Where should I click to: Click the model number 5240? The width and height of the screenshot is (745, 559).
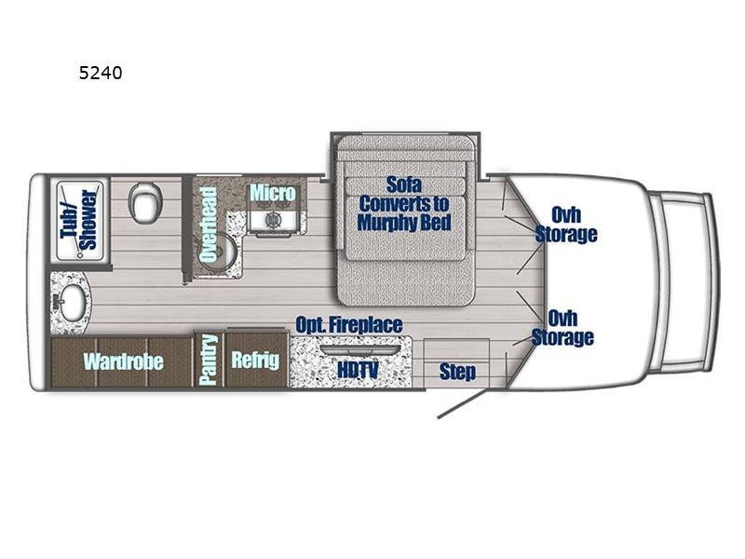(101, 73)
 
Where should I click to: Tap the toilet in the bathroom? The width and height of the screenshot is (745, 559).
(146, 202)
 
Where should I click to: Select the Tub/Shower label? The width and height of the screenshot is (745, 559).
(80, 220)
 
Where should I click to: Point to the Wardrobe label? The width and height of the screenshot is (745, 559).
(124, 361)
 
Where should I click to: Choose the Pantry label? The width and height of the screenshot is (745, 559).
(208, 360)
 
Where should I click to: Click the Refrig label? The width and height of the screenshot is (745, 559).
(255, 361)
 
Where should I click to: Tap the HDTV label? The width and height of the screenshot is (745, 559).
(358, 369)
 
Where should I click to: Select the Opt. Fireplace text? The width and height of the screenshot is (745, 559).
(349, 325)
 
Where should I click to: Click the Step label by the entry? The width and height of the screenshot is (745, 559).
(457, 371)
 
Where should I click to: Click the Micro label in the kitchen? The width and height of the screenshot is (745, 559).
(272, 193)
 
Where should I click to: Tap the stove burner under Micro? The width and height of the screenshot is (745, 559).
(273, 220)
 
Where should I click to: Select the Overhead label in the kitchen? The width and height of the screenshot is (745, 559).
(208, 225)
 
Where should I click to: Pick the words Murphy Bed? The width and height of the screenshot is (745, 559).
(404, 223)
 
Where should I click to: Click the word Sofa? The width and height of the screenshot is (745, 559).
(404, 184)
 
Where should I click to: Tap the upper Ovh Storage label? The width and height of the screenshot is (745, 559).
(566, 225)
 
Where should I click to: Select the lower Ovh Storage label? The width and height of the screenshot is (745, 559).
(562, 328)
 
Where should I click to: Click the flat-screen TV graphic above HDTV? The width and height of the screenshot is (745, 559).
(359, 349)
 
